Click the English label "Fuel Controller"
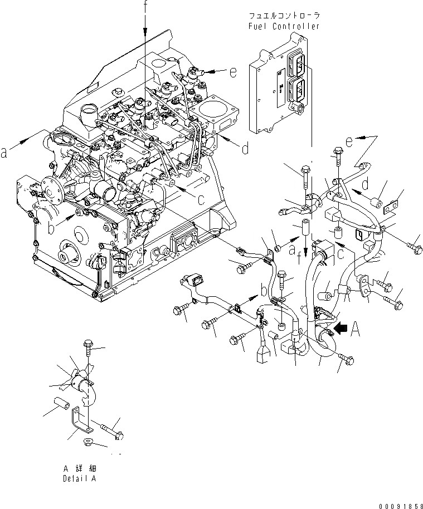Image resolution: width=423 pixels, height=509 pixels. [x=284, y=26]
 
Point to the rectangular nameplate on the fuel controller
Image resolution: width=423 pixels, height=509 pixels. [x=277, y=84]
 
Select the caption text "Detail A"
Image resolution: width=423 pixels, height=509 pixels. [x=81, y=478]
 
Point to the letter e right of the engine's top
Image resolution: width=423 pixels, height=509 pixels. [x=232, y=71]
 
